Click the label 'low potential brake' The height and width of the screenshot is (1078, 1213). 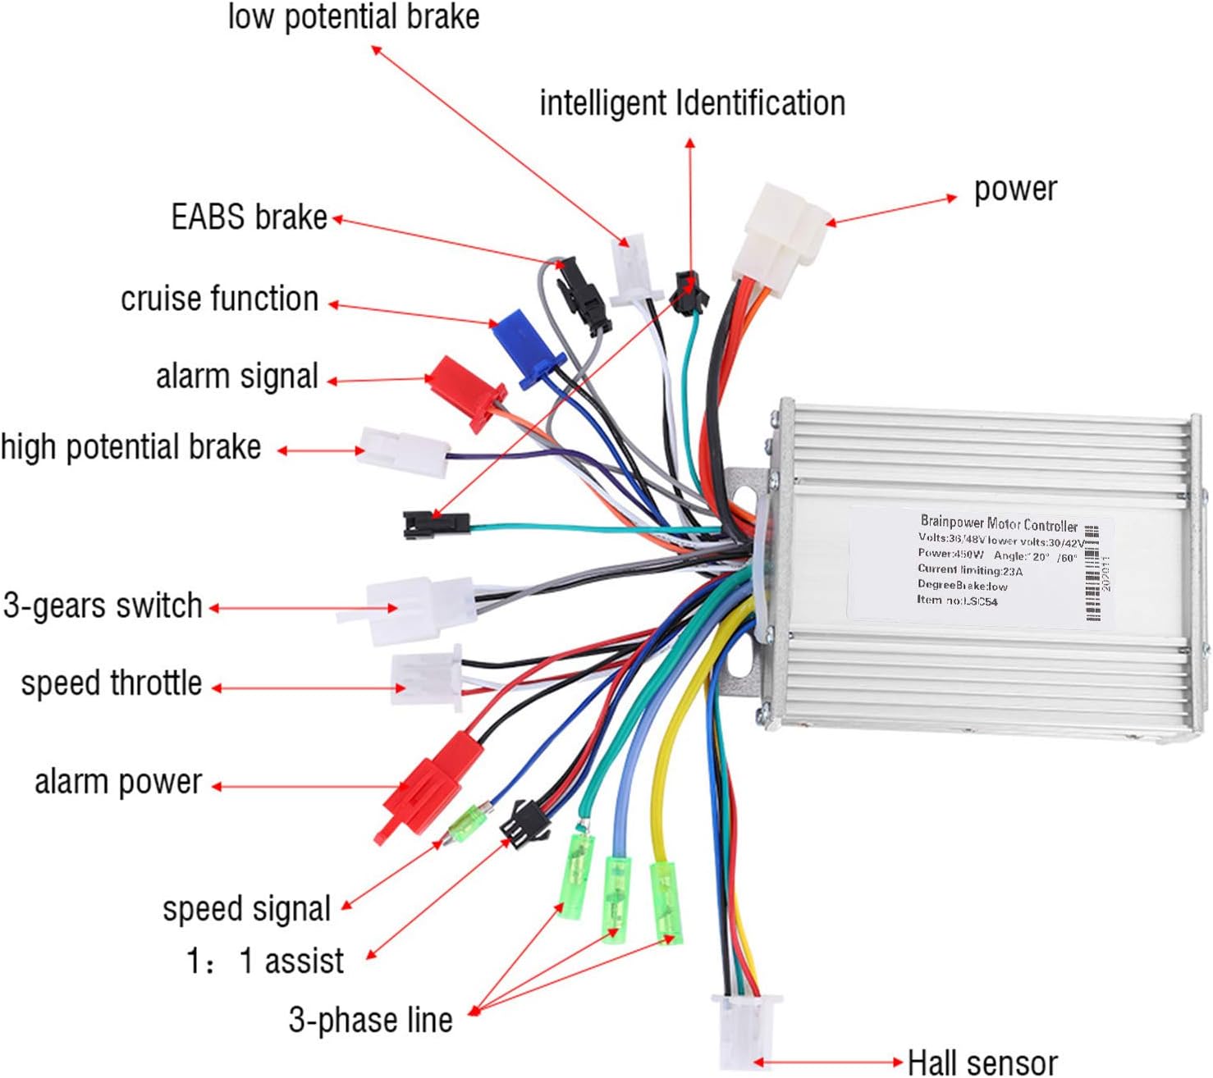click(x=353, y=17)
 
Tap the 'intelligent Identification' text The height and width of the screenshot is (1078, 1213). click(x=692, y=104)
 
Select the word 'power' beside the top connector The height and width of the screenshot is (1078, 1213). click(x=1014, y=190)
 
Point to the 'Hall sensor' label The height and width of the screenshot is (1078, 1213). click(x=982, y=1062)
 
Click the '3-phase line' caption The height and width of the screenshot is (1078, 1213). click(x=370, y=1020)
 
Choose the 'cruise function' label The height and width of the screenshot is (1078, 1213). click(x=219, y=299)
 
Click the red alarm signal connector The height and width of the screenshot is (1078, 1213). click(x=465, y=390)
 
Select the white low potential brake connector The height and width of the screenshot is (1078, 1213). click(x=631, y=268)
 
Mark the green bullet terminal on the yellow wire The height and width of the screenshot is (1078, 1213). click(x=667, y=902)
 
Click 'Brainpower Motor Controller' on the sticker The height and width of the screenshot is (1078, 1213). click(x=998, y=523)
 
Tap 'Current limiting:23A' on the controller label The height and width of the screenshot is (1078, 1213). click(x=969, y=569)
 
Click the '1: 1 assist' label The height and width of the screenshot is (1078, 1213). click(x=265, y=961)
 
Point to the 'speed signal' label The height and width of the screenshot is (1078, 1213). click(x=246, y=909)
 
